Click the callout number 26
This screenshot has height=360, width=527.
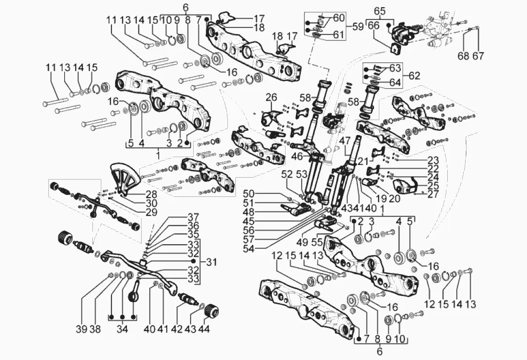click(x=272, y=98)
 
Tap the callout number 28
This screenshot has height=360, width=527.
click(x=151, y=194)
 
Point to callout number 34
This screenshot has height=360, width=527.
click(x=122, y=329)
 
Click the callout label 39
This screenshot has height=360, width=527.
click(x=82, y=329)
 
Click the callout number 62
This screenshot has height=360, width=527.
click(x=414, y=75)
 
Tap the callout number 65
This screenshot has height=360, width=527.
click(x=380, y=10)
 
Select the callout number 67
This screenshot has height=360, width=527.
click(x=478, y=56)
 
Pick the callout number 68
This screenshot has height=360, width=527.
click(x=463, y=56)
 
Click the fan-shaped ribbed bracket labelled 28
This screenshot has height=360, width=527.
click(x=124, y=177)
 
